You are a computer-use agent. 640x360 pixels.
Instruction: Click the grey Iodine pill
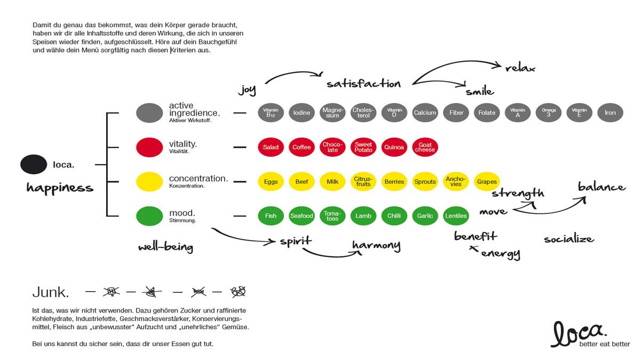pyautogui.click(x=301, y=113)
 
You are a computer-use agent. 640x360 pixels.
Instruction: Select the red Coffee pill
pyautogui.click(x=301, y=147)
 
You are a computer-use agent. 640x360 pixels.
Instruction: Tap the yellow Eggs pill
pyautogui.click(x=270, y=182)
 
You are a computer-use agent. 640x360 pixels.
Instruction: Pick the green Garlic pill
pyautogui.click(x=425, y=216)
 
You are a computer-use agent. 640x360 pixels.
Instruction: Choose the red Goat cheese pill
pyautogui.click(x=425, y=147)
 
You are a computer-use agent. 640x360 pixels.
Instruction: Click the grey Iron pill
pyautogui.click(x=610, y=113)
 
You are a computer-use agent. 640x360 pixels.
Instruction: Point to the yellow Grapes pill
pyautogui.click(x=486, y=182)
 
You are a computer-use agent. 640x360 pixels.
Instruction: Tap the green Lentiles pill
pyautogui.click(x=456, y=216)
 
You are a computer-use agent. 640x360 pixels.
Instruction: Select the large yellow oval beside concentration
pyautogui.click(x=149, y=182)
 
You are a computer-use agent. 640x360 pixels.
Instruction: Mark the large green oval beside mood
pyautogui.click(x=149, y=216)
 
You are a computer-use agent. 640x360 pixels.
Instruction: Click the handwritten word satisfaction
pyautogui.click(x=363, y=84)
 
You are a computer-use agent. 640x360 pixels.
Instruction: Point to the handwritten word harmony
pyautogui.click(x=376, y=246)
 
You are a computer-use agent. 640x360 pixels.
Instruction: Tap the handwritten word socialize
pyautogui.click(x=569, y=239)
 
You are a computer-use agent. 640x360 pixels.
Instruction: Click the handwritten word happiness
pyautogui.click(x=60, y=187)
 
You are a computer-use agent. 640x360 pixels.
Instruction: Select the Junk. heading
pyautogui.click(x=51, y=292)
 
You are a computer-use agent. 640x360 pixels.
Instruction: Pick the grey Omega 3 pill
pyautogui.click(x=548, y=113)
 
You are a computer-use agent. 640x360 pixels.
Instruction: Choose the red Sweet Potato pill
pyautogui.click(x=363, y=147)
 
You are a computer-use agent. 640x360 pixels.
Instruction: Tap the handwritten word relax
pyautogui.click(x=520, y=68)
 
